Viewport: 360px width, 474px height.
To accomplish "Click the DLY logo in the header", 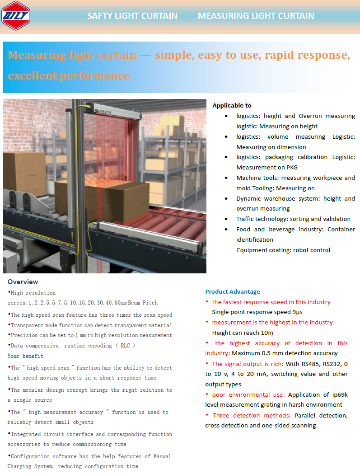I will click(x=15, y=16).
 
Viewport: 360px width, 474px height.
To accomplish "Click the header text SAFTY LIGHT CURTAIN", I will click(x=132, y=16).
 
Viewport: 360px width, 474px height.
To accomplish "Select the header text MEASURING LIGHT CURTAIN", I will click(x=256, y=16).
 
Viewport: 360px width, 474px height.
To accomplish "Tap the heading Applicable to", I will click(x=232, y=105).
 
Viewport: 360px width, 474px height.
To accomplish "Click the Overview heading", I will click(x=23, y=282).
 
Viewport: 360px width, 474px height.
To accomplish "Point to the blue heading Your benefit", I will click(x=25, y=356).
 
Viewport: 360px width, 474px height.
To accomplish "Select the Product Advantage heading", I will click(x=233, y=292).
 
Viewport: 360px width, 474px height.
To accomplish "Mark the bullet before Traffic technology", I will click(x=226, y=219).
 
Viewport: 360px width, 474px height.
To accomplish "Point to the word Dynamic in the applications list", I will click(x=249, y=198).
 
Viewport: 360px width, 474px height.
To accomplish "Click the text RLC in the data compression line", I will click(x=125, y=346).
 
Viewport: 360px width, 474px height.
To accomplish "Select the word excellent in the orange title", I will click(x=34, y=75).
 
